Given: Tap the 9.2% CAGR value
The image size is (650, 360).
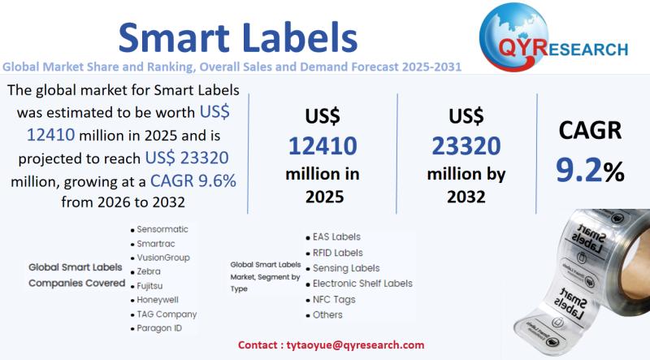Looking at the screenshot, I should point(590,169).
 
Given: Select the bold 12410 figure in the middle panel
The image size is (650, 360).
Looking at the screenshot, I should point(323,146).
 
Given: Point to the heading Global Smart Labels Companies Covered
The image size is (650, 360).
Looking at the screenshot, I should point(76,275).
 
